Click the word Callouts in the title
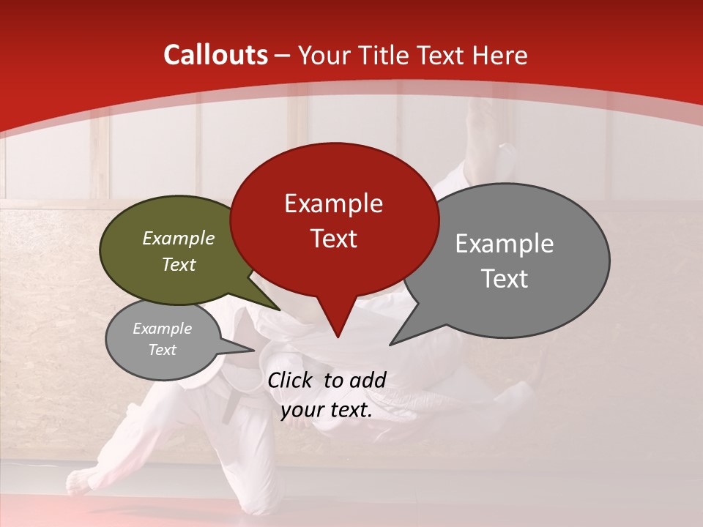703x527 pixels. click(215, 55)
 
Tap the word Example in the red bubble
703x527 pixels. click(333, 203)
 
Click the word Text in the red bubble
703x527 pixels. click(333, 239)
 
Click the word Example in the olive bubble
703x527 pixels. click(178, 238)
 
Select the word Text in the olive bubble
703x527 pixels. click(178, 264)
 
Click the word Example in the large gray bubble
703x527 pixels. click(504, 244)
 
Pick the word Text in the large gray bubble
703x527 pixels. click(504, 279)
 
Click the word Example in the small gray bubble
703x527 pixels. click(162, 329)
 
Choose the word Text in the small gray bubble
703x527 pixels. click(162, 350)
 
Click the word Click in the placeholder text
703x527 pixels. click(291, 380)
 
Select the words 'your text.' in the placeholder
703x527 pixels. click(326, 410)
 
